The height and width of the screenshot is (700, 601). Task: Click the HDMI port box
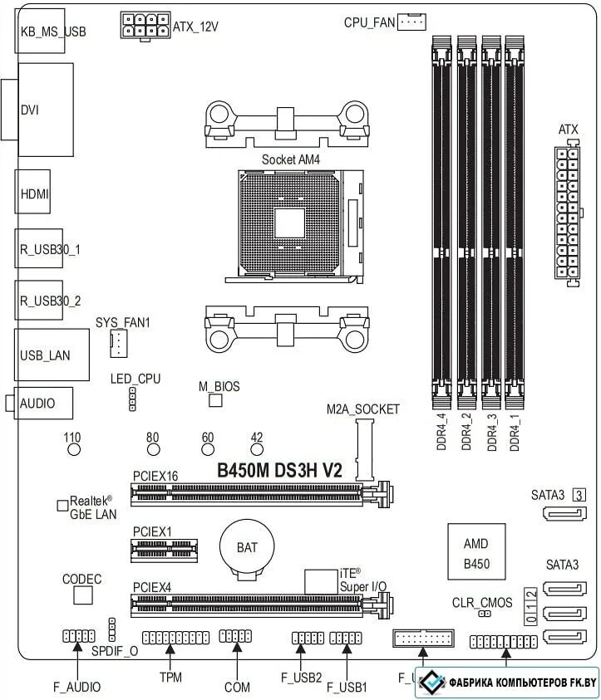point(33,193)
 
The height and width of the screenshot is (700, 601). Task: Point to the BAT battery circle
point(241,547)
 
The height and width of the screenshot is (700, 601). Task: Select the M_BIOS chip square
point(216,402)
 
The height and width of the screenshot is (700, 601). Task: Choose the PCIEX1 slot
point(165,548)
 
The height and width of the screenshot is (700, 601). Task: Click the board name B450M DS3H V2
point(279,470)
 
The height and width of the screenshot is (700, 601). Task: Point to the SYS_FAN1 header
point(118,342)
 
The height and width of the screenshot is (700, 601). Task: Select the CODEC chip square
point(82,595)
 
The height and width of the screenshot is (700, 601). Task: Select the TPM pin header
point(175,638)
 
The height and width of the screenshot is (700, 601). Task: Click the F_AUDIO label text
point(76,687)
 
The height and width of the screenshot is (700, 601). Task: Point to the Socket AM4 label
point(290,158)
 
